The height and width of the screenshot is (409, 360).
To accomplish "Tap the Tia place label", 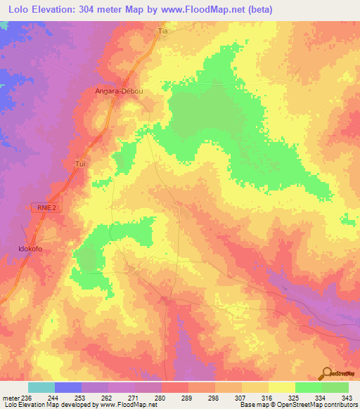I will click(x=164, y=32).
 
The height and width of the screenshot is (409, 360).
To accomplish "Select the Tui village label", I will click(x=79, y=163).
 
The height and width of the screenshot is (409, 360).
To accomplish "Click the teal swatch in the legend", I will click(x=41, y=387).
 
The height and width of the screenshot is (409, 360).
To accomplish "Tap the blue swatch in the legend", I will click(x=68, y=387).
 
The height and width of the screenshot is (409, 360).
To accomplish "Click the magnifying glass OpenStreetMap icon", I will click(x=327, y=372).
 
